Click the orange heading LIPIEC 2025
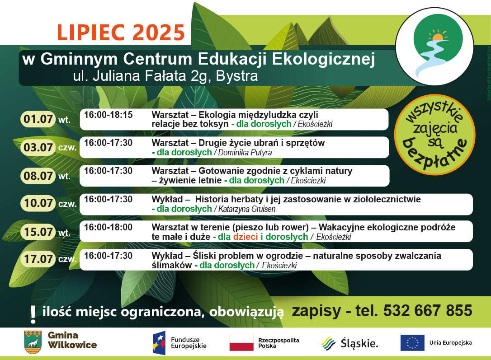coord(121,33)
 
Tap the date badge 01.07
coord(38,119)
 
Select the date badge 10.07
coord(38,203)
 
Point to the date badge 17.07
coord(38,259)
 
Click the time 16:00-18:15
coord(108,115)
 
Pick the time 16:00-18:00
coord(108,227)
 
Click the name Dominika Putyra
coord(245,153)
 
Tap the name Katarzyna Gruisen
coord(247,209)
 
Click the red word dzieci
coord(245,237)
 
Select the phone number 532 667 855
coord(428,311)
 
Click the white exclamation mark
coord(33,314)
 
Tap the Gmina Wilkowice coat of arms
coord(33,342)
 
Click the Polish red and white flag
coord(241,343)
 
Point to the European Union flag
coord(412,343)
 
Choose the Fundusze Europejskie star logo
coord(159,343)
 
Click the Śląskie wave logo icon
coord(328,343)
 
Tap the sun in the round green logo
coord(438,36)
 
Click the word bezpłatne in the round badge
coord(434,155)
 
